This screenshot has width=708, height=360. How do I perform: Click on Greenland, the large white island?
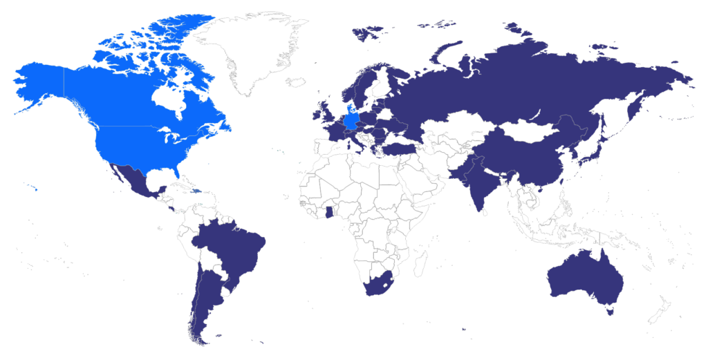(x=252, y=48)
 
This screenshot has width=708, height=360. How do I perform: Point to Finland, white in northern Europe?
(x=380, y=83)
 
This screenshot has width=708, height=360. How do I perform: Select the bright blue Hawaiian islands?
(x=32, y=187)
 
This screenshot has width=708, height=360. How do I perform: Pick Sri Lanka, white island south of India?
(x=487, y=213)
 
